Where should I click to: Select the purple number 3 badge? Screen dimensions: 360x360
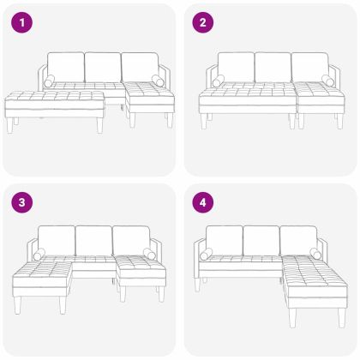tap(20, 203)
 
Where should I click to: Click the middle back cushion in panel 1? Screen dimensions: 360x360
tap(103, 66)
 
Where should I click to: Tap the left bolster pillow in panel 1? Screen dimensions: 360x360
tap(48, 81)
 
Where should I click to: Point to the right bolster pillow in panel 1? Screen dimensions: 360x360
tap(158, 81)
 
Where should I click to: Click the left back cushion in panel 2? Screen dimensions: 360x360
tap(236, 66)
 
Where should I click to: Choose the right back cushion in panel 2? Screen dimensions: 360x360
tap(310, 66)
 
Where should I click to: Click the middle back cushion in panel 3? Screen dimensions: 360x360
tap(94, 239)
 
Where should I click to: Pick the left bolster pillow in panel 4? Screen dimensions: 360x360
tap(207, 255)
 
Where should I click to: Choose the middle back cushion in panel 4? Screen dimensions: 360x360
tap(261, 239)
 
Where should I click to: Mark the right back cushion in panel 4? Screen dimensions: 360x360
tap(299, 239)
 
